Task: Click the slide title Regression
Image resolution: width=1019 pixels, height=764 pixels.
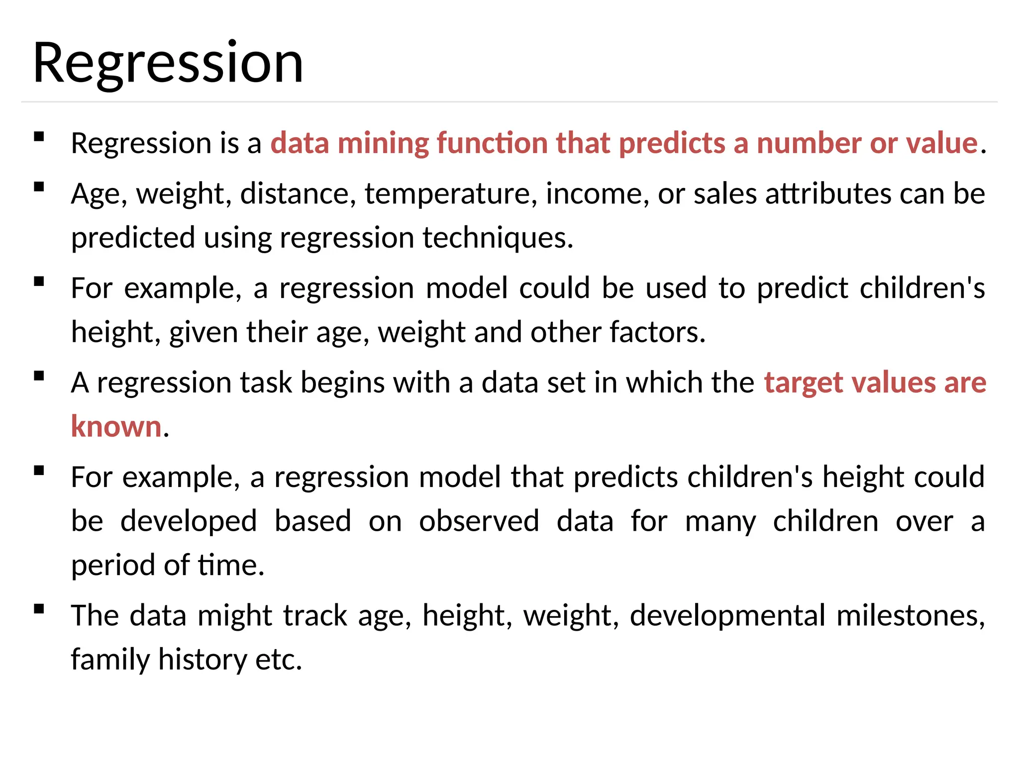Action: pyautogui.click(x=168, y=64)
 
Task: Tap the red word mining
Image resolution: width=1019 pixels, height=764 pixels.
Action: pyautogui.click(x=383, y=143)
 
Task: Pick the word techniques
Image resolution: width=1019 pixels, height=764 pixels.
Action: pyautogui.click(x=498, y=238)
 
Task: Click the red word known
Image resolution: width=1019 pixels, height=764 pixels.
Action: pyautogui.click(x=116, y=427)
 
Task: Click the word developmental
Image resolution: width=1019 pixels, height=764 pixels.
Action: pyautogui.click(x=727, y=616)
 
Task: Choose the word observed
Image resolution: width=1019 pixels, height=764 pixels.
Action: pyautogui.click(x=479, y=521)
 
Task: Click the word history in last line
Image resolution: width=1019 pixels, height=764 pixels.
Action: pyautogui.click(x=202, y=660)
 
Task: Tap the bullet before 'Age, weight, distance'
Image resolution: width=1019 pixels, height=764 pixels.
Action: pyautogui.click(x=39, y=187)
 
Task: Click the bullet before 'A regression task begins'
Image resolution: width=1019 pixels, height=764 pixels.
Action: pyautogui.click(x=39, y=376)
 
